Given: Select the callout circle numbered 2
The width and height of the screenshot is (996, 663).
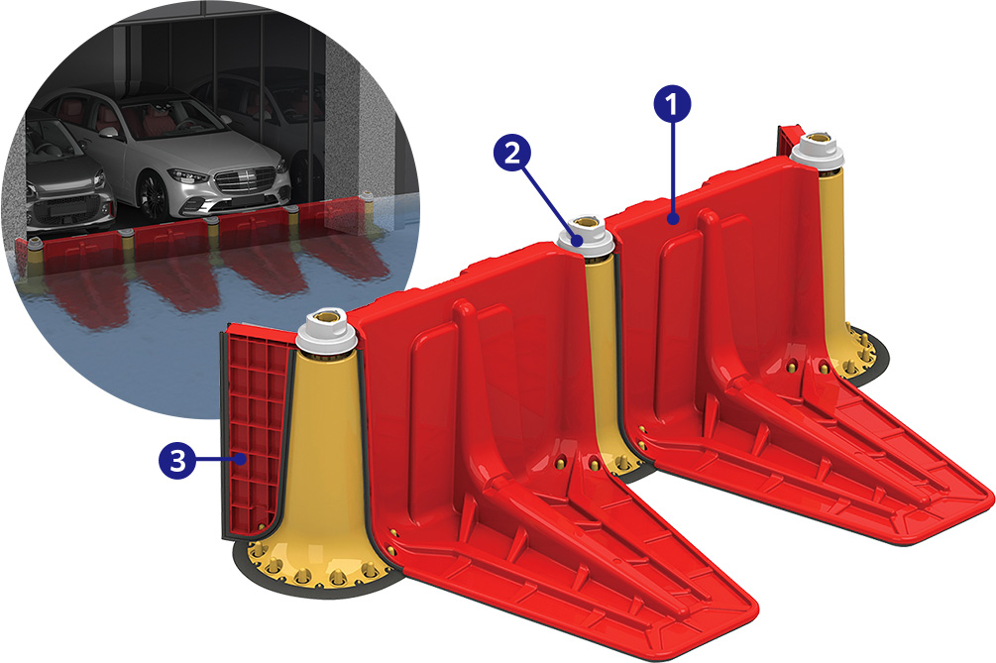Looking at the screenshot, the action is pos(512,153).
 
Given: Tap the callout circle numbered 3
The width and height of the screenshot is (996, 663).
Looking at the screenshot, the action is pos(177,460).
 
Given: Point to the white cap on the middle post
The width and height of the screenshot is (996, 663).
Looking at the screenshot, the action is pos(585,238).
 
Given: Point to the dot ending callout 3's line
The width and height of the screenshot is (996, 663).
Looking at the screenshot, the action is pos(241,459).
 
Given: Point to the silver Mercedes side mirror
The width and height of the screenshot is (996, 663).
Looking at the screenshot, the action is pos(110,132).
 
